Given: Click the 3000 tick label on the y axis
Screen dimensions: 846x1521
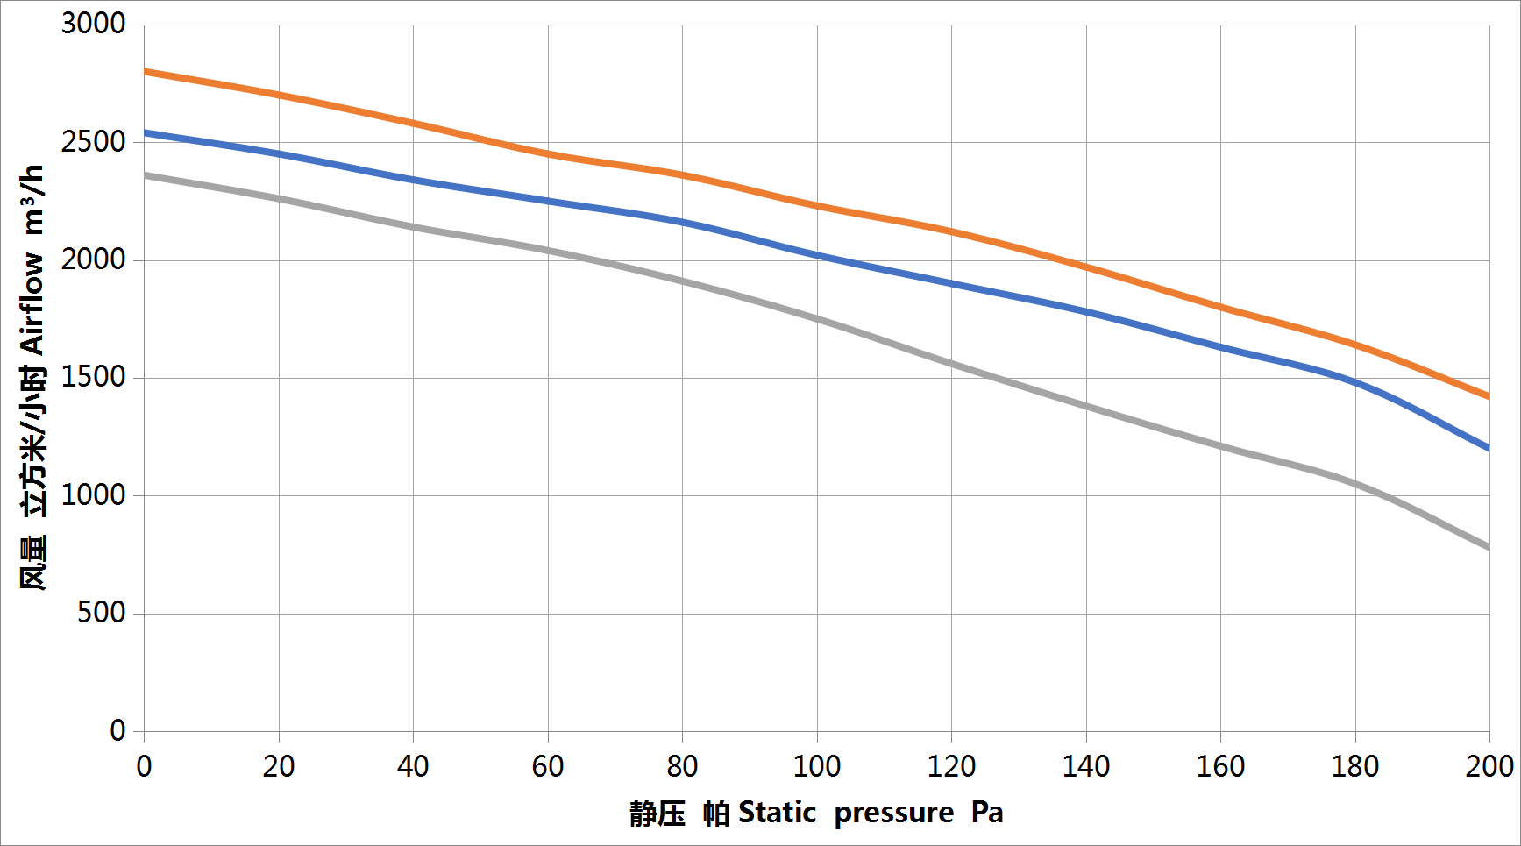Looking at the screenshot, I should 93,24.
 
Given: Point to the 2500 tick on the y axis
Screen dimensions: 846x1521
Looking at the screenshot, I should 93,141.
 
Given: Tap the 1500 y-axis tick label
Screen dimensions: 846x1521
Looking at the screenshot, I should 93,377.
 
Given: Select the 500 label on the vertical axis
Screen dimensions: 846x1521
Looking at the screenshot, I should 101,613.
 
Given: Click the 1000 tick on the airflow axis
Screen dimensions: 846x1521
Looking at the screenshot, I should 93,495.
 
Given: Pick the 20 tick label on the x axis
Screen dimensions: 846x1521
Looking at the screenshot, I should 279,767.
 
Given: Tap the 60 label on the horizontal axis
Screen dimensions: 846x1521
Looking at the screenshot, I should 548,767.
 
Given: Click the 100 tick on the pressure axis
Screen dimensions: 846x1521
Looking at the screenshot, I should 817,767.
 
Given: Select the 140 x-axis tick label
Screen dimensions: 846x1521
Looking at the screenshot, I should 1086,767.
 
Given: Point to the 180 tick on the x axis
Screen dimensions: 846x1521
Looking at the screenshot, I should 1355,767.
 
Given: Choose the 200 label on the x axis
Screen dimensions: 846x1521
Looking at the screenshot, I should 1489,767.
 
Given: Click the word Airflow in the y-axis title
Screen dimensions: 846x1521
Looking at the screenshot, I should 32,303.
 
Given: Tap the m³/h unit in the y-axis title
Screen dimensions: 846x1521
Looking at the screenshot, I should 32,200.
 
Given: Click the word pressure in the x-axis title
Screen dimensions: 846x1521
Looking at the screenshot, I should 893,814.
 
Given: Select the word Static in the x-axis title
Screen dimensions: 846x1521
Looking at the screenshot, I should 777,814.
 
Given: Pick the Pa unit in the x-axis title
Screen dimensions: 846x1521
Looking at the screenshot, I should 987,814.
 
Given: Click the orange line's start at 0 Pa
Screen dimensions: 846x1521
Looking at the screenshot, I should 146,72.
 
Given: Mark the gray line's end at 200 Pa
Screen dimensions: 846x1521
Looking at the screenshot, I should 1488,547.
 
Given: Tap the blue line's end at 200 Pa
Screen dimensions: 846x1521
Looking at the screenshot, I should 1488,448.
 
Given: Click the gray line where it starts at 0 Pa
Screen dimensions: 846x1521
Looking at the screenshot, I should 146,175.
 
